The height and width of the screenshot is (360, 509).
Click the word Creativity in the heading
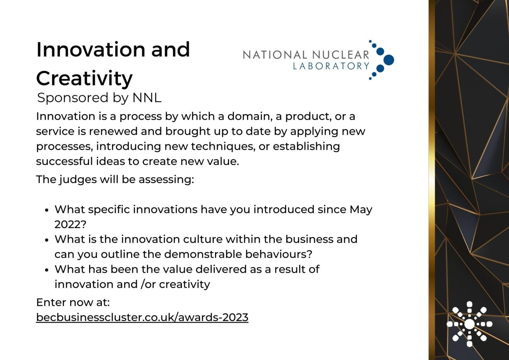pos(84,78)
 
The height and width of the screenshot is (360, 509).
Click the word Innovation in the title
pos(91,50)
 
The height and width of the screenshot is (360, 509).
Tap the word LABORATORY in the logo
pos(331,66)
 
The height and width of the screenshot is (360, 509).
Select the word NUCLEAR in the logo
pos(341,55)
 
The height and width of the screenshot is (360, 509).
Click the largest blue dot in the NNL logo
pos(389,60)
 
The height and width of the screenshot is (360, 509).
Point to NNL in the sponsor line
pos(147,98)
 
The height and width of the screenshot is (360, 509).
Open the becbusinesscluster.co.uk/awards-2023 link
pos(142,317)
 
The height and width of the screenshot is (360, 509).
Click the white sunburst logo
pos(470,324)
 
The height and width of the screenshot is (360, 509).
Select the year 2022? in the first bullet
pos(70,224)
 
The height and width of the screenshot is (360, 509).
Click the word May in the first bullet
pos(361,210)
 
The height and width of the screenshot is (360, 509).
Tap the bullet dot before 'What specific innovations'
pos(47,210)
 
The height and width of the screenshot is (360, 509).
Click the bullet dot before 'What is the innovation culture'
pos(47,240)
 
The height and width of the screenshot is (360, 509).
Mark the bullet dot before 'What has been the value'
pos(47,270)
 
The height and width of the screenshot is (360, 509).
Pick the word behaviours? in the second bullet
pos(279,254)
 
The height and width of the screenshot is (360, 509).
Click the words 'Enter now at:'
pos(73,302)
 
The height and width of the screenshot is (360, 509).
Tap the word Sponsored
pos(73,98)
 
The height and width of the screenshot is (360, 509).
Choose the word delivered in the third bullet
pos(221,269)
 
